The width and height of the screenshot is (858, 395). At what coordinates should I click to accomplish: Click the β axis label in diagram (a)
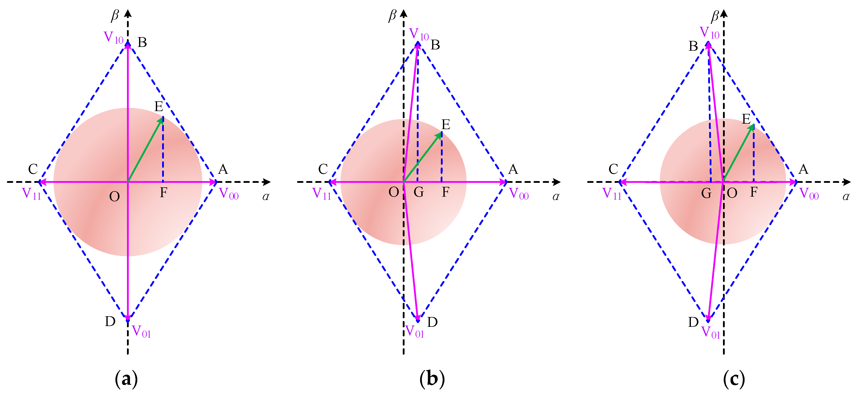click(x=115, y=15)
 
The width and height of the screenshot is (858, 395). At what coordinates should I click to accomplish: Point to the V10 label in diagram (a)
click(x=113, y=37)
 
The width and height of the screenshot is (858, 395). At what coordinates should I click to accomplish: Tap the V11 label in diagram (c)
click(x=612, y=194)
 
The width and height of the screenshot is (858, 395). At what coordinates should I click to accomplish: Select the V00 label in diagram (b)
click(x=519, y=194)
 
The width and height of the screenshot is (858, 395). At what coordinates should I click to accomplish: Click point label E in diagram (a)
click(x=159, y=107)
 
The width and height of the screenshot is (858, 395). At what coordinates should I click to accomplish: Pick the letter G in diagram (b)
click(x=419, y=192)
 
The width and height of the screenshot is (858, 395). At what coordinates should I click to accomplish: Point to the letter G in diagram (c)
click(x=706, y=193)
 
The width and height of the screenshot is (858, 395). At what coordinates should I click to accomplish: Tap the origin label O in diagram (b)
click(x=394, y=192)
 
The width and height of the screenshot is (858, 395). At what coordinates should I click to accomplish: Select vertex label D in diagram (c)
click(x=693, y=322)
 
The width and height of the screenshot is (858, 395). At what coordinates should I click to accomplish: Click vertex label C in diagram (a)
click(x=33, y=169)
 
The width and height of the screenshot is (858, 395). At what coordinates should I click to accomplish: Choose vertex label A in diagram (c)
click(x=803, y=169)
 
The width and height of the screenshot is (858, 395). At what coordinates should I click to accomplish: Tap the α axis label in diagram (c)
click(x=846, y=197)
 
